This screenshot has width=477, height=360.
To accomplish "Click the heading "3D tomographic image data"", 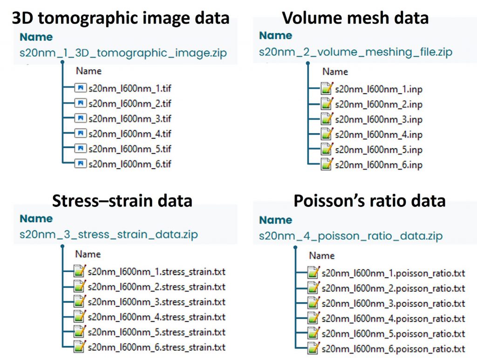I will click(121, 18).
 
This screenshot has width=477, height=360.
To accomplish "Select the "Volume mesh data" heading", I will click(355, 18).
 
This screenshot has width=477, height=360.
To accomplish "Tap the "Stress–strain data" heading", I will click(122, 200).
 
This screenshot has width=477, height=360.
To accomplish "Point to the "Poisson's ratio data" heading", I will click(369, 200).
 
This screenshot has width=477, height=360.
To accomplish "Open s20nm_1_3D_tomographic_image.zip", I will click(123, 53).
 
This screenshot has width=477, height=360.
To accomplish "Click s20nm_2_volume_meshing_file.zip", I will click(355, 52).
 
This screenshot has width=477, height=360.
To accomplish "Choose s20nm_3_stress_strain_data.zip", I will click(109, 234).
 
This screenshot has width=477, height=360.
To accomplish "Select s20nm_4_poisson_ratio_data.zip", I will click(351, 236).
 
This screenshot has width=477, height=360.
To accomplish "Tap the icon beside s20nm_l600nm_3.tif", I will click(81, 118).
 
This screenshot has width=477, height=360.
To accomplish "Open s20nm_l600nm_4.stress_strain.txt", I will click(157, 317).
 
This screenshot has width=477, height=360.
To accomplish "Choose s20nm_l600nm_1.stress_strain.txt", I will click(157, 272).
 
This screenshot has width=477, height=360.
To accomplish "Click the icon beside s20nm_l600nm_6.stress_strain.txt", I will click(80, 347).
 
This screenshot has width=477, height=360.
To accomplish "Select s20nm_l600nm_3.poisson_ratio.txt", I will click(393, 304).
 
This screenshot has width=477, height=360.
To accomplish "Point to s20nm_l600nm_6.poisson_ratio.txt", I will click(393, 349).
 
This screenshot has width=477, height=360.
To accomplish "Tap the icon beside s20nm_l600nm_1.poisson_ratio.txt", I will click(314, 273).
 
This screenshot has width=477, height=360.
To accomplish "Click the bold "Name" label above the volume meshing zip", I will click(275, 35).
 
